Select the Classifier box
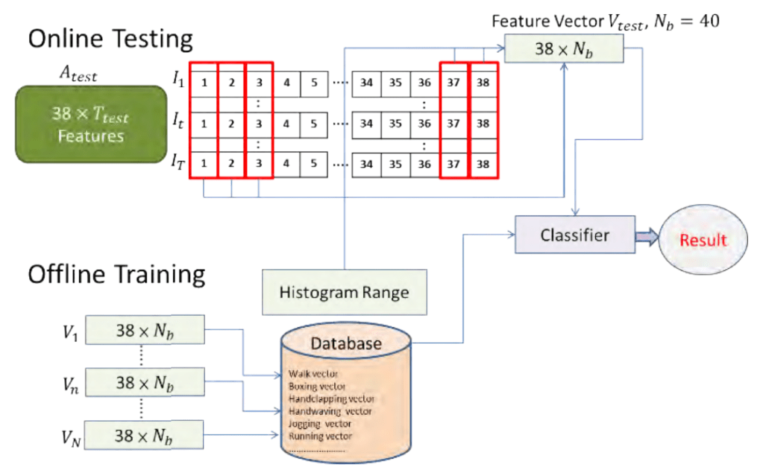pyautogui.click(x=574, y=235)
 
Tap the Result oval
pyautogui.click(x=702, y=241)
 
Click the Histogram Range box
pyautogui.click(x=344, y=292)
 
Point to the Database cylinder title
pyautogui.click(x=345, y=343)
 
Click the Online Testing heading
pyautogui.click(x=110, y=39)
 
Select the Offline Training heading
pyautogui.click(x=116, y=274)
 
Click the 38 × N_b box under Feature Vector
pyautogui.click(x=564, y=48)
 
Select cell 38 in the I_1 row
pyautogui.click(x=483, y=83)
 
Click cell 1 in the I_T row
pyautogui.click(x=204, y=163)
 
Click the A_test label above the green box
pyautogui.click(x=78, y=74)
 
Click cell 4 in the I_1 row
pyautogui.click(x=286, y=83)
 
